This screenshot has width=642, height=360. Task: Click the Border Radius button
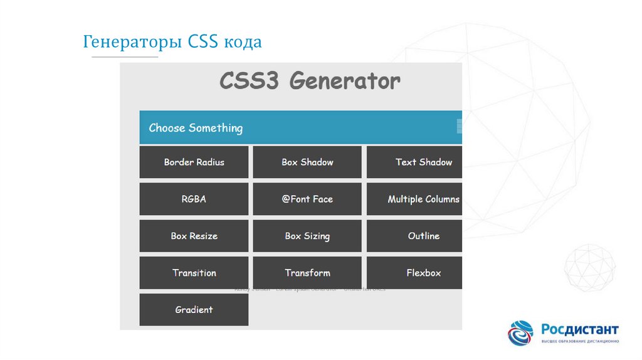pos(194,162)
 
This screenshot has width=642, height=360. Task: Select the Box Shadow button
pos(307,162)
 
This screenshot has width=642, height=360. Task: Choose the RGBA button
pos(194,199)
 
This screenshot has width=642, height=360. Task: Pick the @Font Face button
pos(307,199)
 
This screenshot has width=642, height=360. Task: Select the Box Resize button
pos(194,236)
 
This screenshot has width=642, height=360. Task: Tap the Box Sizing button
pos(307,236)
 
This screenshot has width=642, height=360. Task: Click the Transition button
pos(194,273)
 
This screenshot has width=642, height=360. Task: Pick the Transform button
pos(307,273)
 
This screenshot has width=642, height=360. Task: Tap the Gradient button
pos(194,310)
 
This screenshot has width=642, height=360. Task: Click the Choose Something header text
pos(196,128)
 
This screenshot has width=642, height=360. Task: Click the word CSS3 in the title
pos(250,82)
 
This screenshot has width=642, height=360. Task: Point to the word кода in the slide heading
pos(241,43)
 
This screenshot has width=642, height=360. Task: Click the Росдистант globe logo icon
pos(521,333)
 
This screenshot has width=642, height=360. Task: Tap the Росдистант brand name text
pos(580,330)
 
